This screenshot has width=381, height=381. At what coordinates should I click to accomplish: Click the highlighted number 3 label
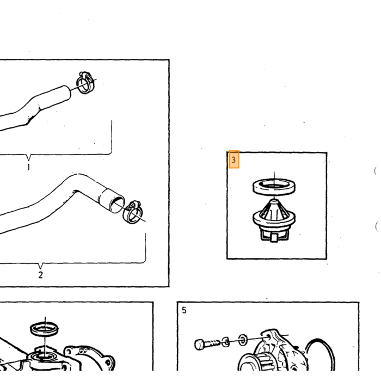coord(234,159)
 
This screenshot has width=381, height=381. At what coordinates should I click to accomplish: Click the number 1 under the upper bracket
coord(29,167)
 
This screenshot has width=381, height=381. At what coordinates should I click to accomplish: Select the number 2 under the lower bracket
coord(41,275)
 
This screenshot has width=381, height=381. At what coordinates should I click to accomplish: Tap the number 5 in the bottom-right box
coord(184,310)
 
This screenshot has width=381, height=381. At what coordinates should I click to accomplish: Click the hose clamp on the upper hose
coord(86,82)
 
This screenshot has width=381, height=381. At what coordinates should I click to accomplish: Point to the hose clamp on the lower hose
coord(133,212)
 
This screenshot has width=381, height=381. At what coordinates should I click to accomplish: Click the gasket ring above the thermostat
coord(274,187)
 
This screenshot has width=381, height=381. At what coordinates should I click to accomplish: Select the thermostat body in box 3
coord(274,220)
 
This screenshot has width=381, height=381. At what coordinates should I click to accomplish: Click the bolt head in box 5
coord(199,345)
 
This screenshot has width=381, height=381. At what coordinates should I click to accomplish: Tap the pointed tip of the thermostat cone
coord(274,200)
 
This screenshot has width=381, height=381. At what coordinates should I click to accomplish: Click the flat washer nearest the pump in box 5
coord(243,340)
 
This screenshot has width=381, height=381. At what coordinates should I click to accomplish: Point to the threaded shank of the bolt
coord(212,343)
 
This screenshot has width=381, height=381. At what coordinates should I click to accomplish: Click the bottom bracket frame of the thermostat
coord(274,236)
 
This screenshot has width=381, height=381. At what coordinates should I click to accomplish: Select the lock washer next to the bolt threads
coord(226,342)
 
